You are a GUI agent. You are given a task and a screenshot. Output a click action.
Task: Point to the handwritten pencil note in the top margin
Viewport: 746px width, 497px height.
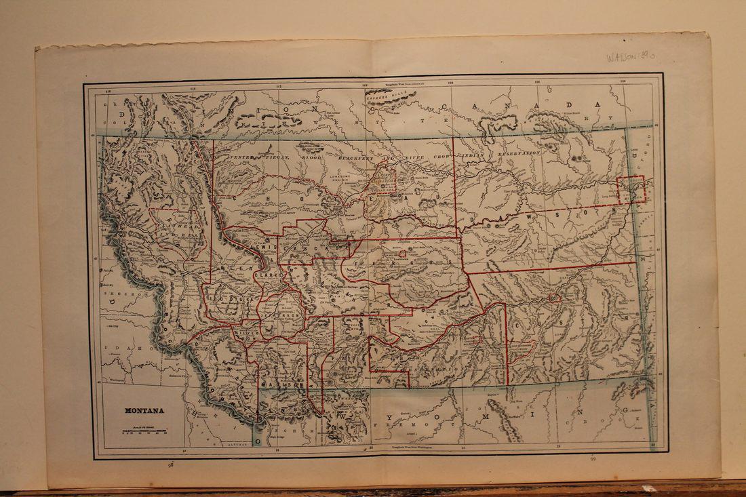631,56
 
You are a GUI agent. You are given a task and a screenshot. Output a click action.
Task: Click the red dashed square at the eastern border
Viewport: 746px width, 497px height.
631,189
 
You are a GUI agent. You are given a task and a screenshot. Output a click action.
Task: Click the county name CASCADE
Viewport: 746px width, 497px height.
313,248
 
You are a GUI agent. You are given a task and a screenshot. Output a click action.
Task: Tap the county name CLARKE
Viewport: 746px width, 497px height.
263,276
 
